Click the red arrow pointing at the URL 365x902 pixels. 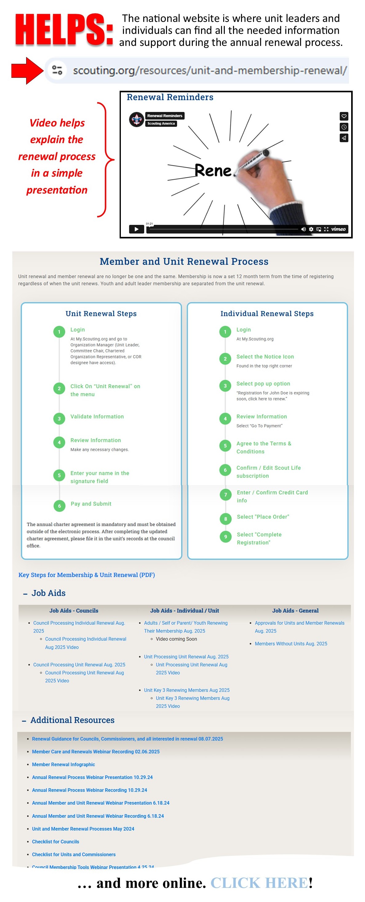(x=27, y=71)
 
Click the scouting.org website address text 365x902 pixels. (x=209, y=71)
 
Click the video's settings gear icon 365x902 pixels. (x=311, y=229)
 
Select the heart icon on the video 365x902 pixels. (x=344, y=116)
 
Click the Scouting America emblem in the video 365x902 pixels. (x=137, y=119)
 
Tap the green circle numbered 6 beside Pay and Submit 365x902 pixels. (x=59, y=506)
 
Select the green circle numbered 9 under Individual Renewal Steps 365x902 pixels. (x=225, y=537)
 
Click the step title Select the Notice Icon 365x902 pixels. (x=265, y=357)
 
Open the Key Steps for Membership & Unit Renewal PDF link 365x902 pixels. (x=86, y=575)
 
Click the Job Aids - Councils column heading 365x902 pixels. (x=73, y=610)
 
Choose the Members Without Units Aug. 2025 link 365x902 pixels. (x=291, y=644)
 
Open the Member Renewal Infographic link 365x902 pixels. (x=63, y=764)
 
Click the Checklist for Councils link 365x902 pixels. (x=55, y=841)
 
